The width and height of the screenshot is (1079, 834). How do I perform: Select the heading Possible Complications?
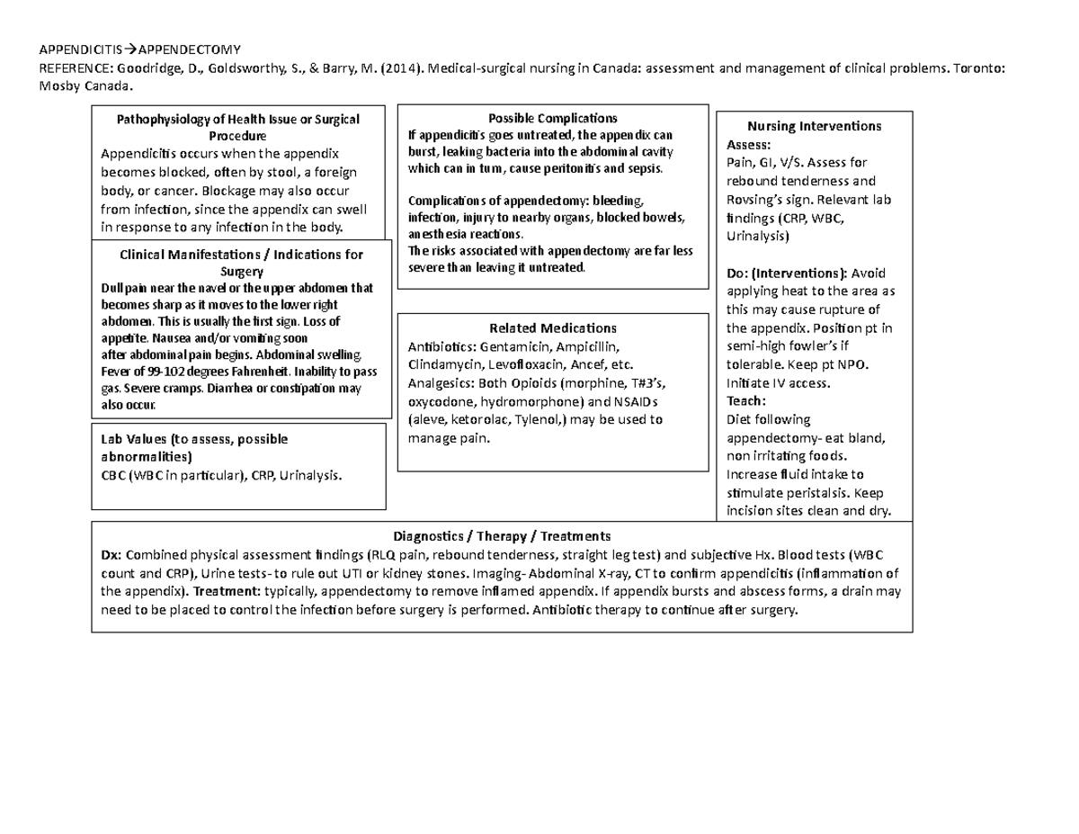coord(552,118)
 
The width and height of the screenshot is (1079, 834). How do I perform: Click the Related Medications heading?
coord(552,327)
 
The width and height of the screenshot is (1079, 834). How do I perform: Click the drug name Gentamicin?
coord(514,346)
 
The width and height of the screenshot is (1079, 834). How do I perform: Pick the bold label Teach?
coord(745,401)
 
